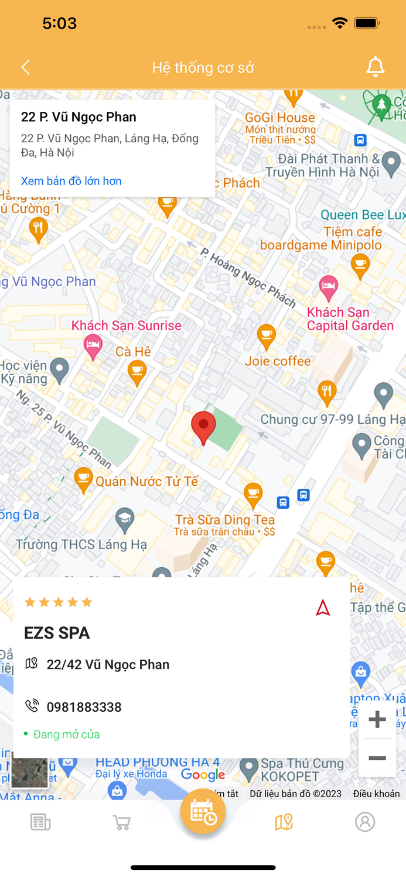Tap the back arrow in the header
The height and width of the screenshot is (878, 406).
(x=25, y=67)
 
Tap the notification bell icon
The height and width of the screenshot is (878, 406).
(x=375, y=67)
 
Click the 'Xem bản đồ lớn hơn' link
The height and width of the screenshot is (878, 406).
(x=71, y=181)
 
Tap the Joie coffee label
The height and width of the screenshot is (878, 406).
(x=278, y=361)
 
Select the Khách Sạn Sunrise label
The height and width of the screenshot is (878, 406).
(x=127, y=325)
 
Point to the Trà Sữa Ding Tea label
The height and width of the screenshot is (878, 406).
(x=225, y=520)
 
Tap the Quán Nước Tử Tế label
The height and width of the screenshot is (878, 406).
(x=146, y=482)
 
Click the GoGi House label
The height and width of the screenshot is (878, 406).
(x=280, y=118)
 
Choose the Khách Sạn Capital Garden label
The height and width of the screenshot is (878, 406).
(x=350, y=319)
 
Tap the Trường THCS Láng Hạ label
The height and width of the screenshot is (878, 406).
(x=81, y=545)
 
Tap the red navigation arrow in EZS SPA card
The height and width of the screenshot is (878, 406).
(x=323, y=608)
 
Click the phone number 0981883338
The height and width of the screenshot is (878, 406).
(x=84, y=707)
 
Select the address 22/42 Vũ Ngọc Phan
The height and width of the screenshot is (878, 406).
(x=108, y=664)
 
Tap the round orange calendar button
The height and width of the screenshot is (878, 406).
(x=203, y=812)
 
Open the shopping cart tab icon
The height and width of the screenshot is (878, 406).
(x=121, y=822)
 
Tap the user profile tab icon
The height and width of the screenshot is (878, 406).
(x=364, y=822)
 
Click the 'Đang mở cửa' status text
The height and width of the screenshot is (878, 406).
(x=66, y=734)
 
